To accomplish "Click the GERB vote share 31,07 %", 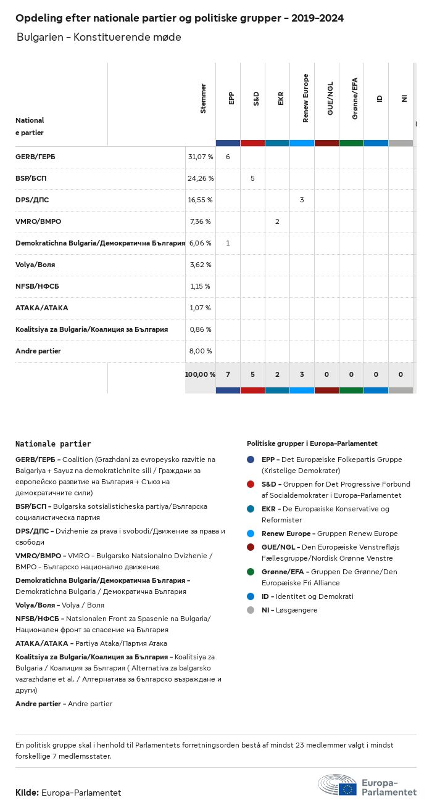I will pyautogui.click(x=201, y=157).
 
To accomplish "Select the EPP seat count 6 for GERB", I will pyautogui.click(x=228, y=157).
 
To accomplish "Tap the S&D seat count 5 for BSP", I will pyautogui.click(x=252, y=178).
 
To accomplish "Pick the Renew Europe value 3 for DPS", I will pyautogui.click(x=302, y=200).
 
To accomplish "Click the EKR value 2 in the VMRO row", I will pyautogui.click(x=277, y=221).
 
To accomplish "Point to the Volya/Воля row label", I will pyautogui.click(x=35, y=265).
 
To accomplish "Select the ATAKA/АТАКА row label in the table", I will pyautogui.click(x=42, y=308).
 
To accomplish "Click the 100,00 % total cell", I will pyautogui.click(x=200, y=374).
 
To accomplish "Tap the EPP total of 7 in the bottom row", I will pyautogui.click(x=228, y=374).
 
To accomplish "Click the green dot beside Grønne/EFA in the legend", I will pyautogui.click(x=251, y=572).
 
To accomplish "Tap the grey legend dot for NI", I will pyautogui.click(x=251, y=610).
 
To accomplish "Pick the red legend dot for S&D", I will pyautogui.click(x=251, y=484).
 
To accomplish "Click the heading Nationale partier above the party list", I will pyautogui.click(x=53, y=443).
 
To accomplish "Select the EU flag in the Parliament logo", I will pyautogui.click(x=347, y=789).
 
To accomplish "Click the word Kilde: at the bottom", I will pyautogui.click(x=27, y=793).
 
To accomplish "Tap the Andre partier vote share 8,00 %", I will pyautogui.click(x=201, y=351).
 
